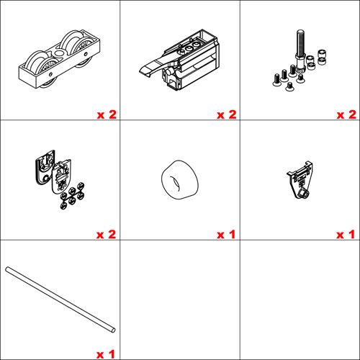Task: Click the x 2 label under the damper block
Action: (x=226, y=114)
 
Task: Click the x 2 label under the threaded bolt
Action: (x=346, y=114)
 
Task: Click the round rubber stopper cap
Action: (x=179, y=179)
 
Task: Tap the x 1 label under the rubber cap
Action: (x=226, y=235)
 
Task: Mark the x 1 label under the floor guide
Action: (x=346, y=235)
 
